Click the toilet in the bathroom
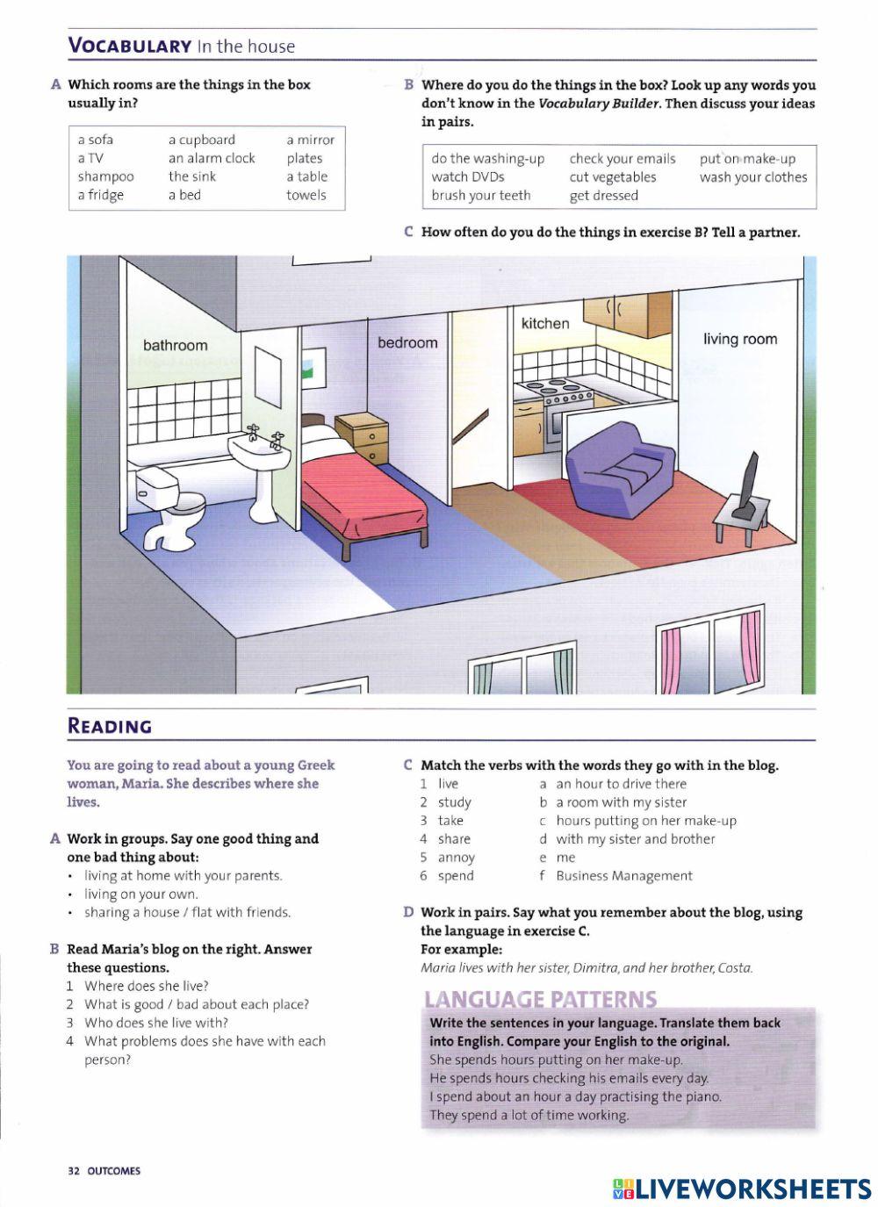[x=169, y=507]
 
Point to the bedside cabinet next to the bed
[x=362, y=437]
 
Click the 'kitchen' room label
[x=545, y=323]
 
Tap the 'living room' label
[x=740, y=339]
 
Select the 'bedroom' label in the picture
[x=407, y=342]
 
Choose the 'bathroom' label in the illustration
[x=176, y=346]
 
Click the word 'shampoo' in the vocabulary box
[x=105, y=176]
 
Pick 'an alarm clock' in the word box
[x=212, y=158]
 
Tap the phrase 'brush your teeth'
[x=481, y=195]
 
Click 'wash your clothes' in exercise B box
[x=753, y=176]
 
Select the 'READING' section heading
[x=110, y=726]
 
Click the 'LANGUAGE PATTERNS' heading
[x=540, y=999]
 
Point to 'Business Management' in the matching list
[x=624, y=875]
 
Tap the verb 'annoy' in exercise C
[x=456, y=857]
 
